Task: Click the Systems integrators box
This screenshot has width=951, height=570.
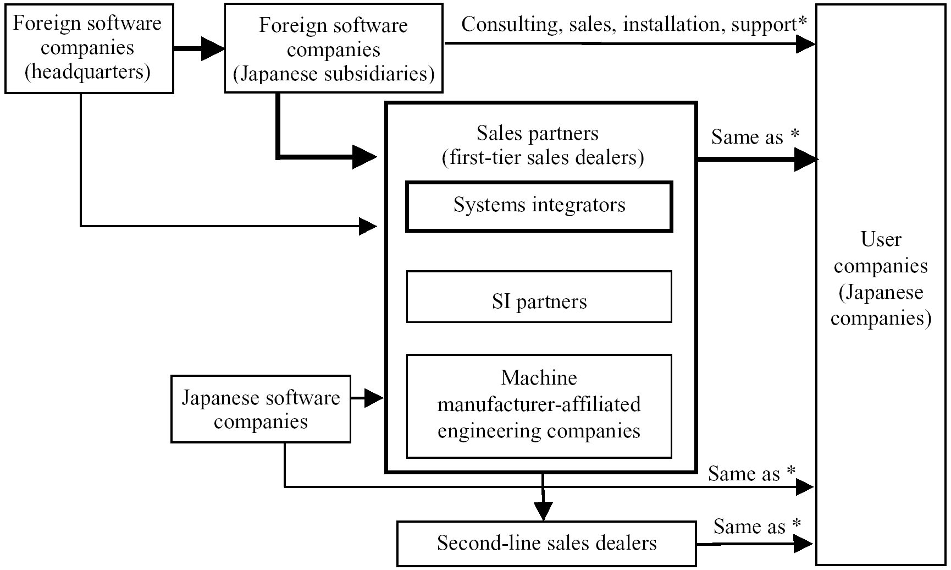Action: point(539,206)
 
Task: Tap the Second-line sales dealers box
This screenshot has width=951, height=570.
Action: point(546,544)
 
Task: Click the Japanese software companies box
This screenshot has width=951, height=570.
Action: point(261,409)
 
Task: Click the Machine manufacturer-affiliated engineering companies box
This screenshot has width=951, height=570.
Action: point(539,406)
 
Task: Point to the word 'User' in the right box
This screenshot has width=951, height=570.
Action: point(881,239)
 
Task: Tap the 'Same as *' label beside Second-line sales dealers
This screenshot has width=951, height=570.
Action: point(756,527)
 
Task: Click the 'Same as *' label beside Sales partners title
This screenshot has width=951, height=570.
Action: point(755,137)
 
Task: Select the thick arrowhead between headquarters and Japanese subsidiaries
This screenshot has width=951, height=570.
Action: point(213,48)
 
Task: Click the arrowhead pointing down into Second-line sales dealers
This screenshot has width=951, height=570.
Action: point(543,511)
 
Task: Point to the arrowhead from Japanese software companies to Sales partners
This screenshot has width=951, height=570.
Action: point(374,397)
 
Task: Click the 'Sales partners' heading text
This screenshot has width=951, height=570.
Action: point(537,133)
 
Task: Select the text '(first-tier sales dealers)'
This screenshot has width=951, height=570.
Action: point(543,158)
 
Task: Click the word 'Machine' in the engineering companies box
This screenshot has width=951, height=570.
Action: point(539,378)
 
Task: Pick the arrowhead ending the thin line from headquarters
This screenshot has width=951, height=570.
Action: point(368,226)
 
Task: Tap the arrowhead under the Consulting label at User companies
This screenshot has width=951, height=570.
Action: point(806,44)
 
